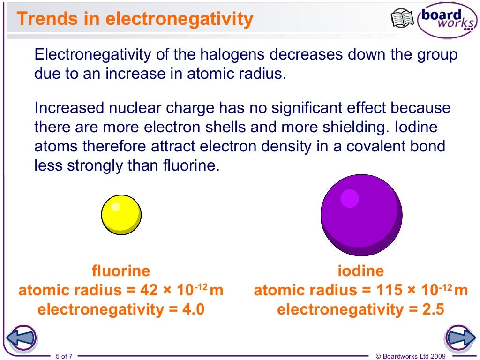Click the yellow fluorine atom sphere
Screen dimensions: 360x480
pos(121,215)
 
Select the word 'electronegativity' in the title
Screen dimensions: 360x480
pos(179,19)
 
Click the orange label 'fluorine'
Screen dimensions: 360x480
pos(121,271)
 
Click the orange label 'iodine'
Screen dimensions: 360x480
pos(360,271)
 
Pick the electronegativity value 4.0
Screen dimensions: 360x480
pos(193,309)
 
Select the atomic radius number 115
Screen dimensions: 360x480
pos(389,291)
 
